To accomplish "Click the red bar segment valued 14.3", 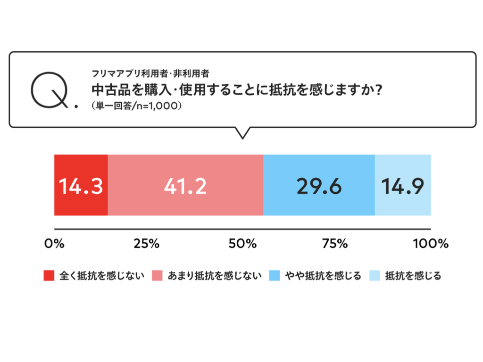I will pos(81,185).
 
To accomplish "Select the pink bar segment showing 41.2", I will pos(185,185).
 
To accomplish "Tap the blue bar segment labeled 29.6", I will pos(319,185).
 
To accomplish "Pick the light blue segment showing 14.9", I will pos(403,185).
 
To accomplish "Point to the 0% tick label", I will pos(54,244).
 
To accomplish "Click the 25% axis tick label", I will pos(147,244).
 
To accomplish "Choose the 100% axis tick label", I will pos(430,244).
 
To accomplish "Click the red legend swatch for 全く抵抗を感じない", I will pos(49,276).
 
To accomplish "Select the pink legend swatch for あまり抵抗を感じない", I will pos(158,276).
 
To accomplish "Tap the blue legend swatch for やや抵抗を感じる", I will pos(274,276).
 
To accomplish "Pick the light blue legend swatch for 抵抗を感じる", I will pos(375,276).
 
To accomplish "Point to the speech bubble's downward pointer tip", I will pos(242,138).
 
